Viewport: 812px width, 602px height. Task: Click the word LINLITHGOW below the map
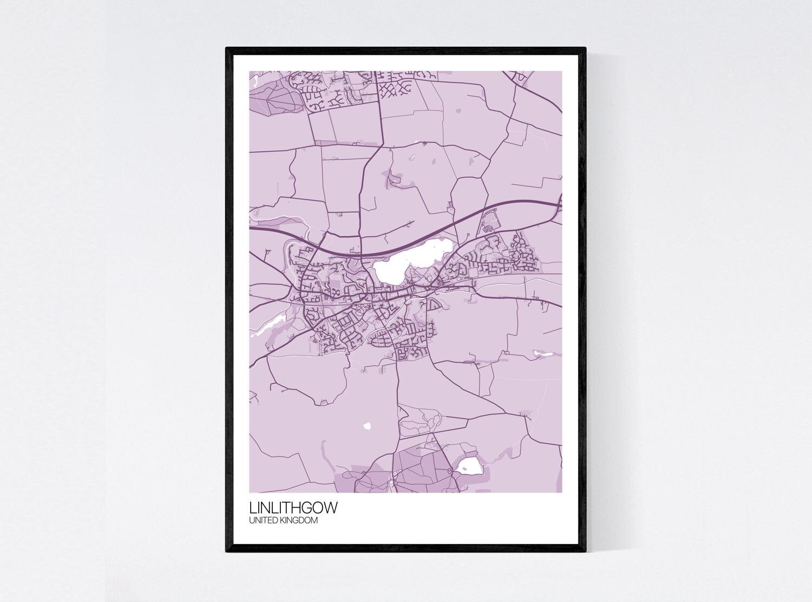[293, 508]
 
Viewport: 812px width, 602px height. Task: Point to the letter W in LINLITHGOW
[331, 508]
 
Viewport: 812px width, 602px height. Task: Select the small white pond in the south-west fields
[368, 425]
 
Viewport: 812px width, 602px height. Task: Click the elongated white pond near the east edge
[543, 354]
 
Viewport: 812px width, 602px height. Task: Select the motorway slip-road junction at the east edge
[558, 206]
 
